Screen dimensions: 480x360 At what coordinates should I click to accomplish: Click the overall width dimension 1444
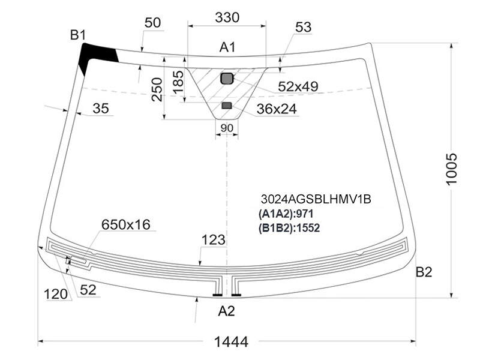coord(231,341)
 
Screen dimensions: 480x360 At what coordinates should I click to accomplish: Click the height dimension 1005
coord(451,169)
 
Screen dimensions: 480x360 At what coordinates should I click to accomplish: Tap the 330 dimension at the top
coord(227,17)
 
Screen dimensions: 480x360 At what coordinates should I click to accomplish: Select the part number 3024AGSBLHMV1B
coord(316,199)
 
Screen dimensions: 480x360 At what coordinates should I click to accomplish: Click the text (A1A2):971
coord(286,214)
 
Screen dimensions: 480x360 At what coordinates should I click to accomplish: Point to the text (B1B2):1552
coord(289,228)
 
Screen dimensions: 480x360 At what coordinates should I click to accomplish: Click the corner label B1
coord(78,35)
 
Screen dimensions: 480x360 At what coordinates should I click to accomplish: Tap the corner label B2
coord(424,272)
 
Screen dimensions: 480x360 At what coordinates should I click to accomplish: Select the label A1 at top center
coord(227,47)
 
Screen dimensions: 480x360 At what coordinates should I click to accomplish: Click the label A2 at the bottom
coord(226,311)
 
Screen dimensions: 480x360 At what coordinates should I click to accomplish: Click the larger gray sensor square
coord(227,79)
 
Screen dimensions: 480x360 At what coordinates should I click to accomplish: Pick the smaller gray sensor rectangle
coord(227,106)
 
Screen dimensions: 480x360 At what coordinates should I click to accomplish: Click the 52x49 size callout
coord(298,87)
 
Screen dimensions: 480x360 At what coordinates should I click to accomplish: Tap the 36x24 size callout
coord(277,109)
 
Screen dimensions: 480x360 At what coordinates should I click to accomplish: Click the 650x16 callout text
coord(126,225)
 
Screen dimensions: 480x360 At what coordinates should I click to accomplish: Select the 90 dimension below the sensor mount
coord(227,128)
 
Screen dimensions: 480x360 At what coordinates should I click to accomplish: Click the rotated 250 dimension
coord(157,89)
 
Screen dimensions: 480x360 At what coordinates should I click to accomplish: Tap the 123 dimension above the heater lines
coord(214,240)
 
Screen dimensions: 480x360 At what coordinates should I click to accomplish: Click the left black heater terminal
coord(217,295)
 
